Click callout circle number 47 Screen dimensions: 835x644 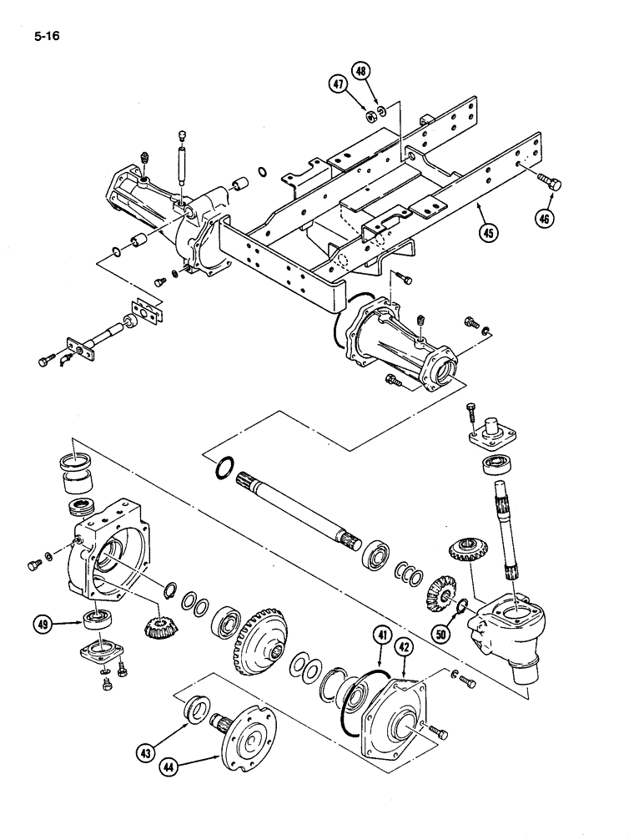pos(338,83)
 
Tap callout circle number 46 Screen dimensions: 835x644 pos(546,219)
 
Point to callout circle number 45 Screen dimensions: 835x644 pos(491,232)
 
